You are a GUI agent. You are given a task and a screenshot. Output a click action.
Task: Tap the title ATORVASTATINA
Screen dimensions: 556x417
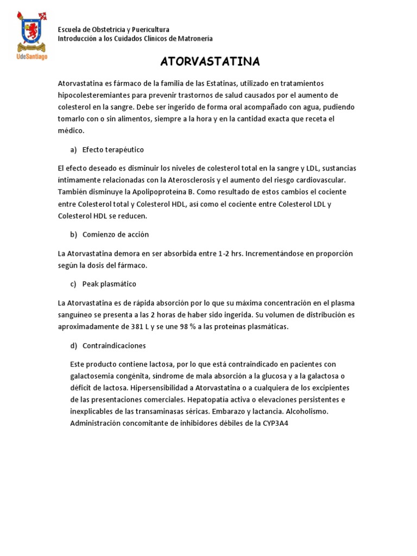click(210, 61)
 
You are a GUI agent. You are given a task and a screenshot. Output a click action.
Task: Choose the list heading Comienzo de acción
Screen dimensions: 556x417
click(115, 235)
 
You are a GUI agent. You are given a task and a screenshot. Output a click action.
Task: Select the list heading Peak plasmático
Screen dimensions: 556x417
click(109, 284)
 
